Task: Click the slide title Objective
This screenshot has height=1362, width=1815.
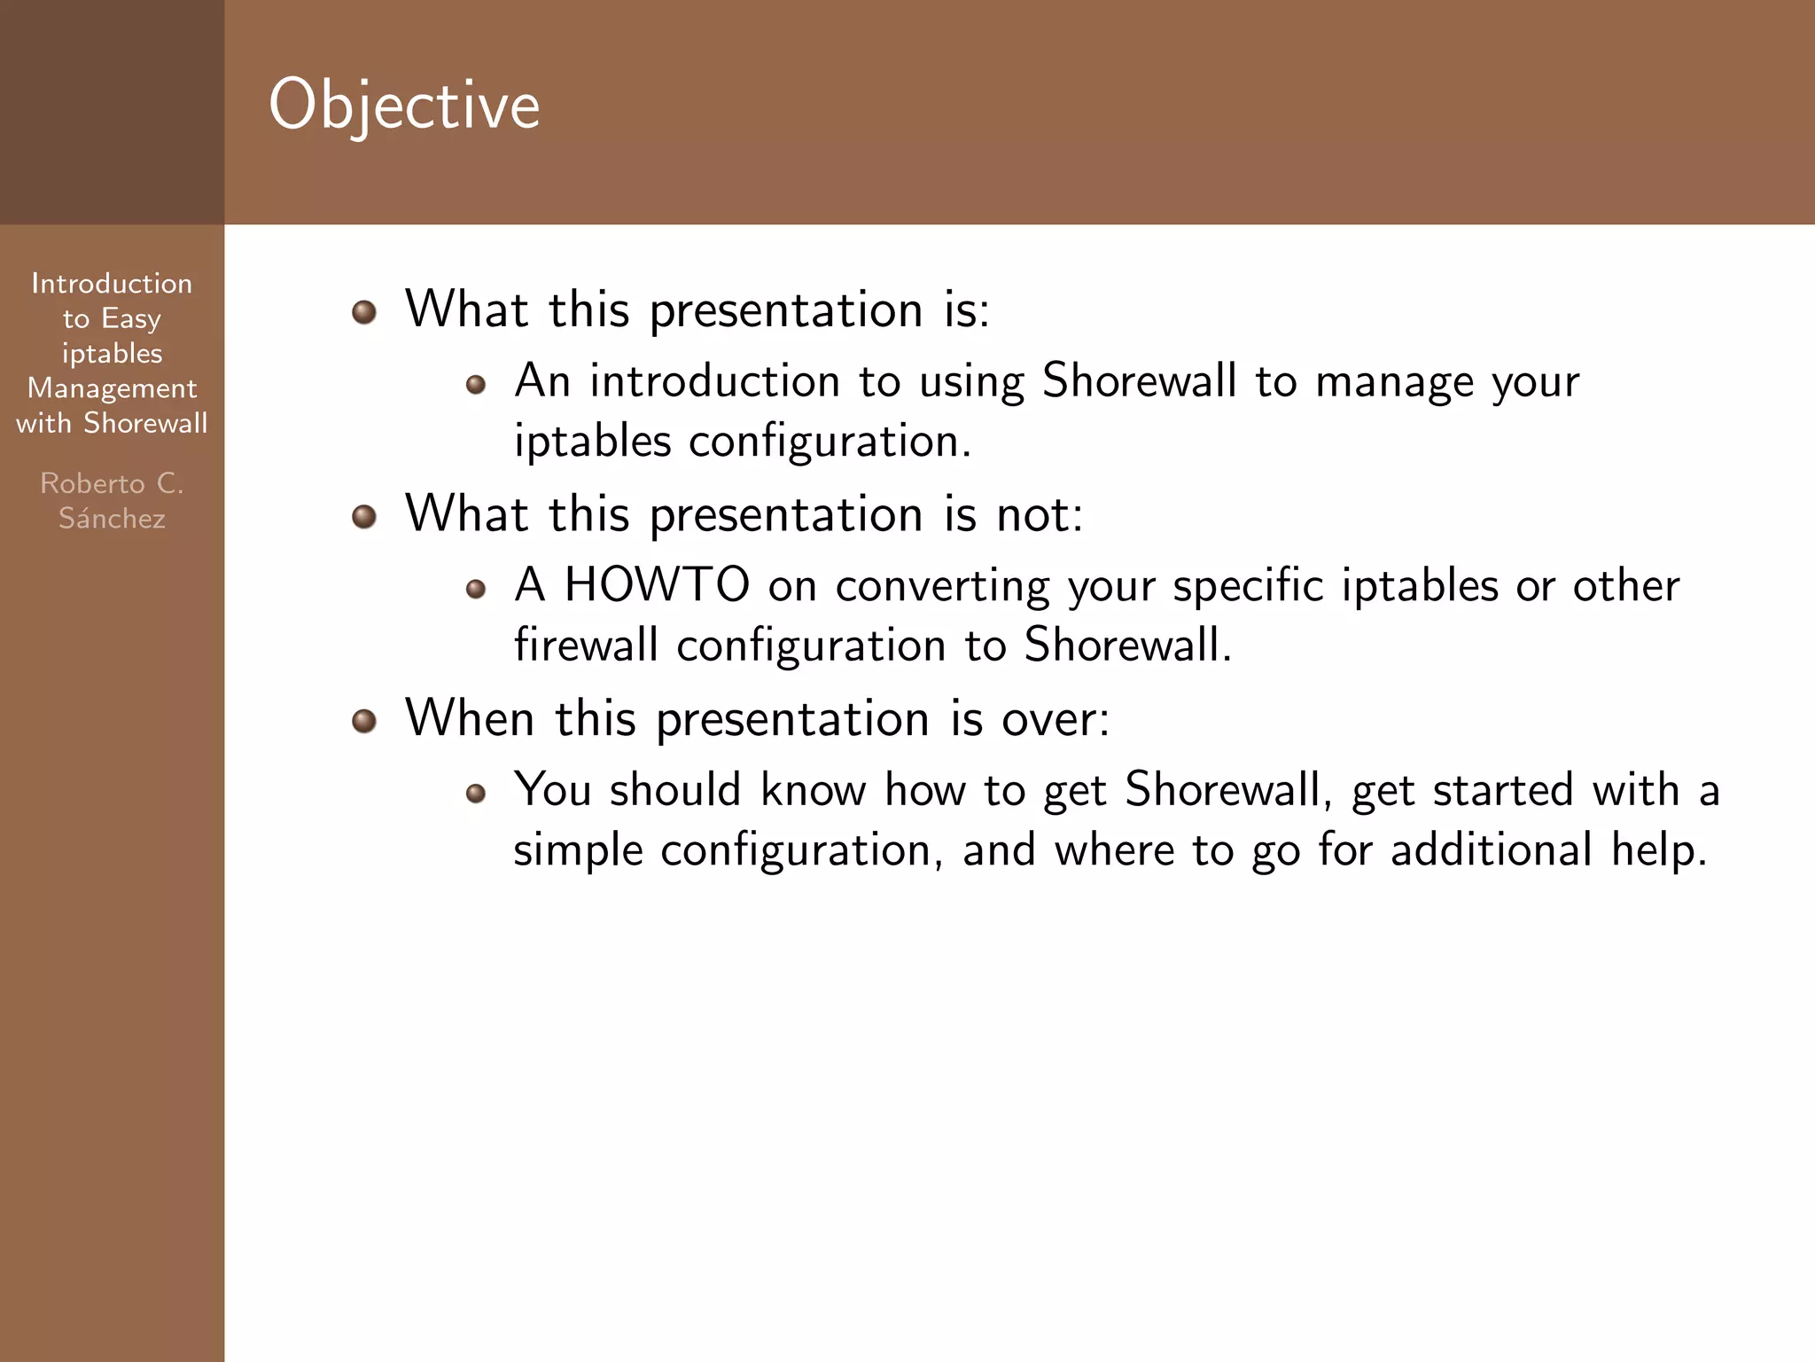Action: coord(404,105)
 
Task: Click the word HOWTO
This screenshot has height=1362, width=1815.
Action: coord(658,585)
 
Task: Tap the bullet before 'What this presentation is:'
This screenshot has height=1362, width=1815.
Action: coord(364,312)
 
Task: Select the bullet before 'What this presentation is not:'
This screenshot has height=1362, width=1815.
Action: coord(364,516)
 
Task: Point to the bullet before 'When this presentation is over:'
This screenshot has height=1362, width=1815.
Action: coord(364,721)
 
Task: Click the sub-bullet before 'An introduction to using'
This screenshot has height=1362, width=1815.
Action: coord(476,385)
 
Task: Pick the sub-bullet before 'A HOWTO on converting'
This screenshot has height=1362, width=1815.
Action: coord(476,589)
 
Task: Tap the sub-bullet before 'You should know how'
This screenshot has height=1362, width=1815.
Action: coord(476,793)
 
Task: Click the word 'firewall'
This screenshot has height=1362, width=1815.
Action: coord(586,645)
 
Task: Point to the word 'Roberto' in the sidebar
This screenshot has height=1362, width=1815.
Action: coord(92,483)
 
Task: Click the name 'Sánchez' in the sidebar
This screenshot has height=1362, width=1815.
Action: coord(112,518)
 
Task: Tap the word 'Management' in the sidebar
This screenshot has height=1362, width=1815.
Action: coord(112,388)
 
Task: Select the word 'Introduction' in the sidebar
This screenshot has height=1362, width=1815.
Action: coord(112,284)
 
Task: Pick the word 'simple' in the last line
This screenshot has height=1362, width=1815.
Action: coord(578,849)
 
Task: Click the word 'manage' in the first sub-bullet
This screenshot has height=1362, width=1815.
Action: coord(1394,382)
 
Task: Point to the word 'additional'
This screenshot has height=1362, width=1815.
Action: coord(1492,849)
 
